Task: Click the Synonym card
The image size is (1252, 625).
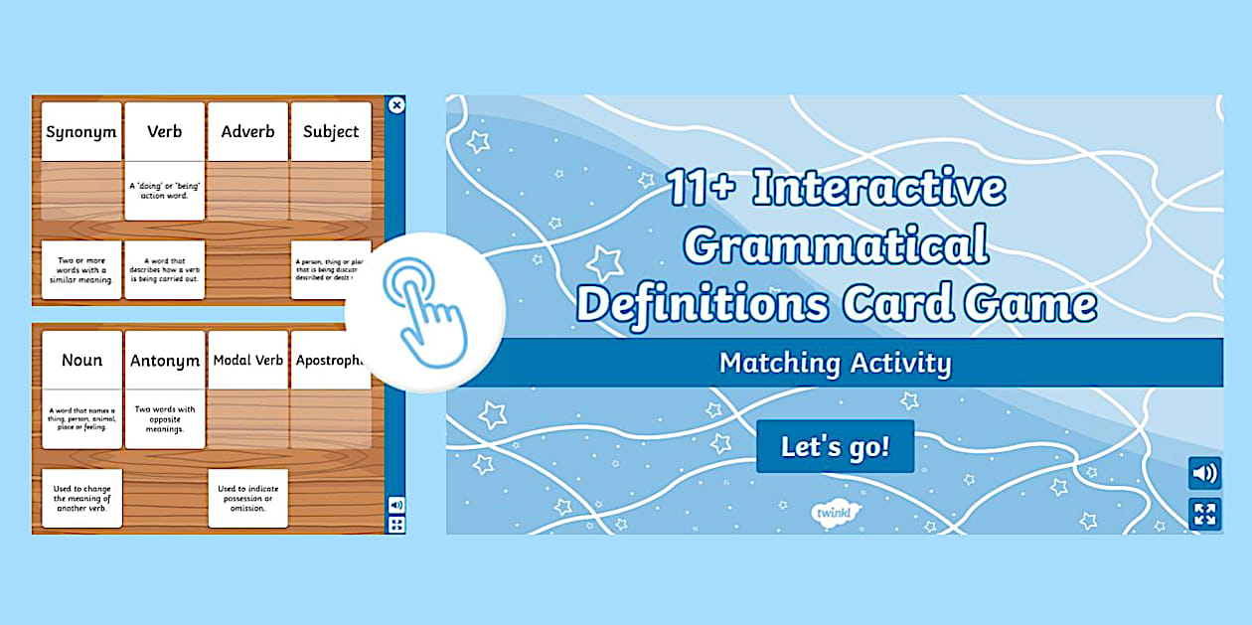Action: click(81, 131)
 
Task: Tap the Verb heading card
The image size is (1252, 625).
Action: click(165, 131)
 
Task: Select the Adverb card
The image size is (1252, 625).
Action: click(247, 131)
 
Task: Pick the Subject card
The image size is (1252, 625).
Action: click(331, 131)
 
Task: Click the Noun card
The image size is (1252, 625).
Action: click(81, 361)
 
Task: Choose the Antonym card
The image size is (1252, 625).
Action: click(165, 361)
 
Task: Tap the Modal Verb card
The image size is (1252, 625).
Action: click(247, 361)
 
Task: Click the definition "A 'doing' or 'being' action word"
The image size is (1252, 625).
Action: click(165, 190)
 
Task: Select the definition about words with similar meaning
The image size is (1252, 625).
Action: click(81, 269)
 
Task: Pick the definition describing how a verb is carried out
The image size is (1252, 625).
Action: click(165, 269)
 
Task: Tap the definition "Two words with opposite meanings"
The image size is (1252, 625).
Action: click(165, 419)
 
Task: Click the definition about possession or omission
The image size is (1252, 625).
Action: click(247, 498)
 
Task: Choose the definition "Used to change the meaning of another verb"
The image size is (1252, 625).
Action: click(81, 498)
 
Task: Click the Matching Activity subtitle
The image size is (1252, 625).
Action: click(835, 363)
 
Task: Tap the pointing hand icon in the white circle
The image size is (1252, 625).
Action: click(424, 314)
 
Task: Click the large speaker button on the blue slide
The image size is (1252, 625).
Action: click(1204, 473)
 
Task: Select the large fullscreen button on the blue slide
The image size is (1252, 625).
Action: click(1204, 514)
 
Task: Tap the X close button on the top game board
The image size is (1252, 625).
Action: click(396, 105)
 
